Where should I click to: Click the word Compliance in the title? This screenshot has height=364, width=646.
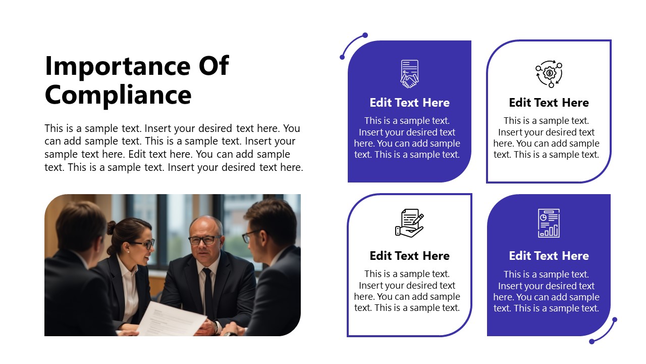click(x=118, y=95)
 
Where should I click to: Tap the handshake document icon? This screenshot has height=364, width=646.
click(x=409, y=74)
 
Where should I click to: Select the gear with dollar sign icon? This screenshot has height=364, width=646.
click(x=549, y=74)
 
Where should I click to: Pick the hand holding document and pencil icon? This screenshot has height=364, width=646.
click(x=409, y=222)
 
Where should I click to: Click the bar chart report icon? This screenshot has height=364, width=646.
click(x=549, y=223)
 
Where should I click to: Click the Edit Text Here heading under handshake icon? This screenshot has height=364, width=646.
click(x=409, y=103)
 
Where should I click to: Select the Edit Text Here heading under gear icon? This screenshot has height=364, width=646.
click(x=549, y=103)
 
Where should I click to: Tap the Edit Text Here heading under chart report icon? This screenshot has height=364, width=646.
click(x=549, y=256)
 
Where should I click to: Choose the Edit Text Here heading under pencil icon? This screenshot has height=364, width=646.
click(x=409, y=256)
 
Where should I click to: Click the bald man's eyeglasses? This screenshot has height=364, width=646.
click(x=204, y=240)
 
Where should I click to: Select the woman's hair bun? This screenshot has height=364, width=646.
click(x=111, y=227)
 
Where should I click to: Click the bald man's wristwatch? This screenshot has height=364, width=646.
click(x=216, y=328)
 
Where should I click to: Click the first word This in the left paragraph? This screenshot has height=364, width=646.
click(x=55, y=128)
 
